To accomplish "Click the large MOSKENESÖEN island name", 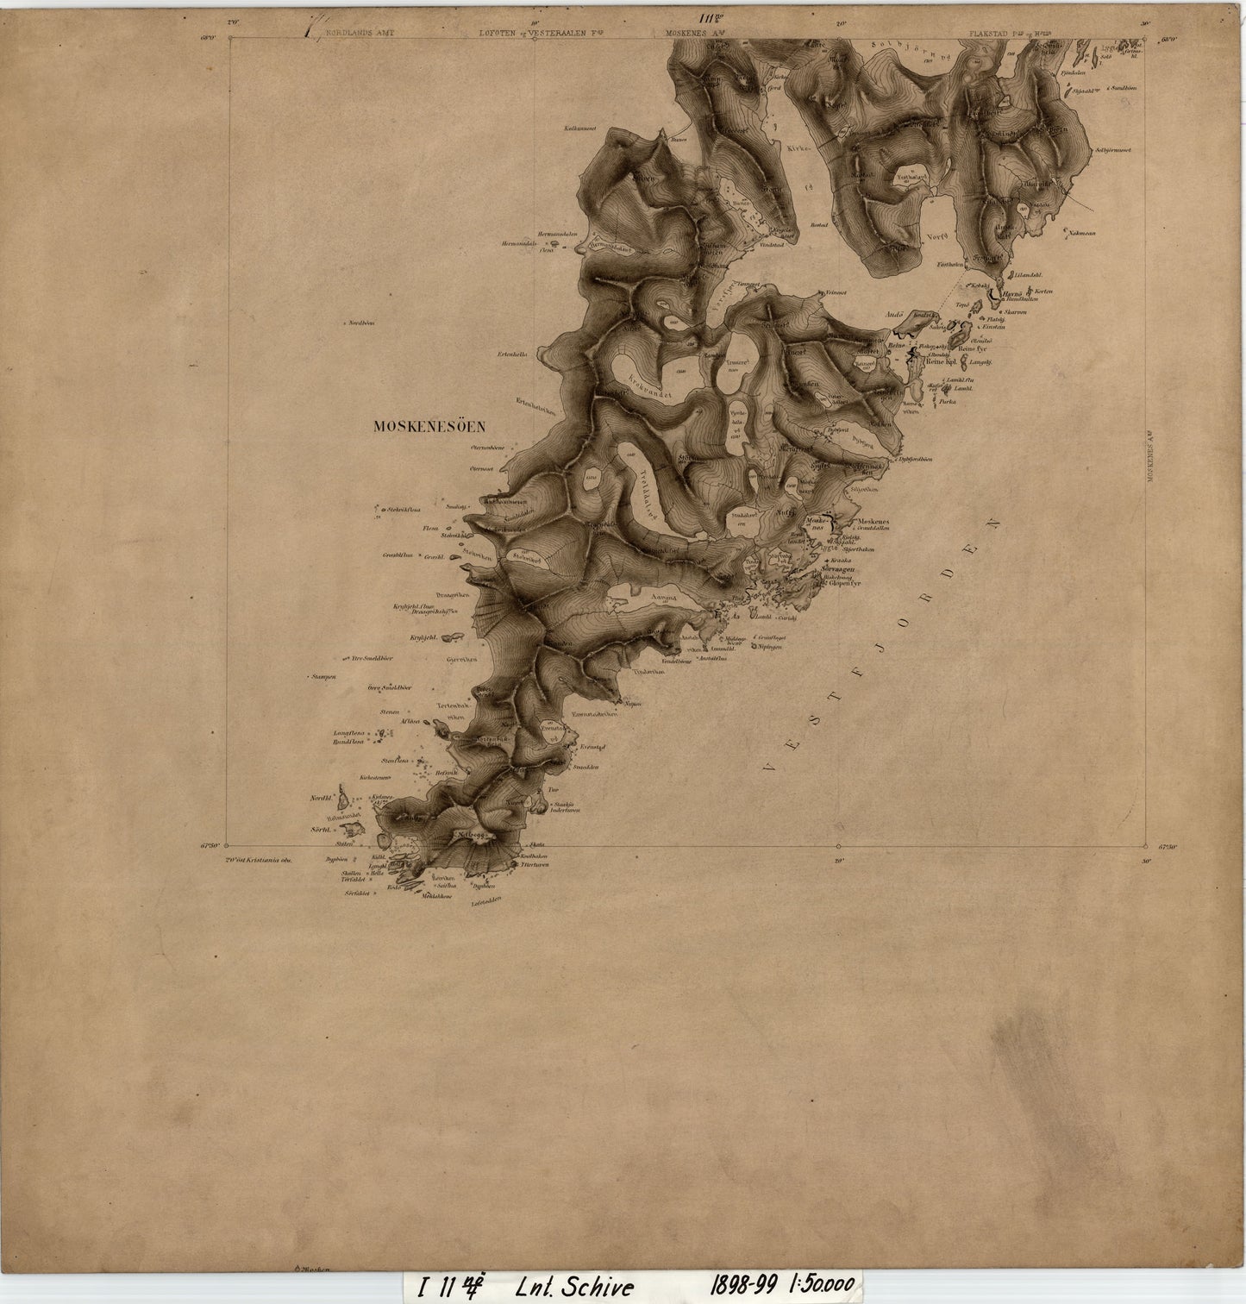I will coord(429,425).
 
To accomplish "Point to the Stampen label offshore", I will coord(324,677).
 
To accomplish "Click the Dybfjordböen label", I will coord(915,460).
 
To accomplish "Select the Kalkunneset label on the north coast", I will coord(582,129).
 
